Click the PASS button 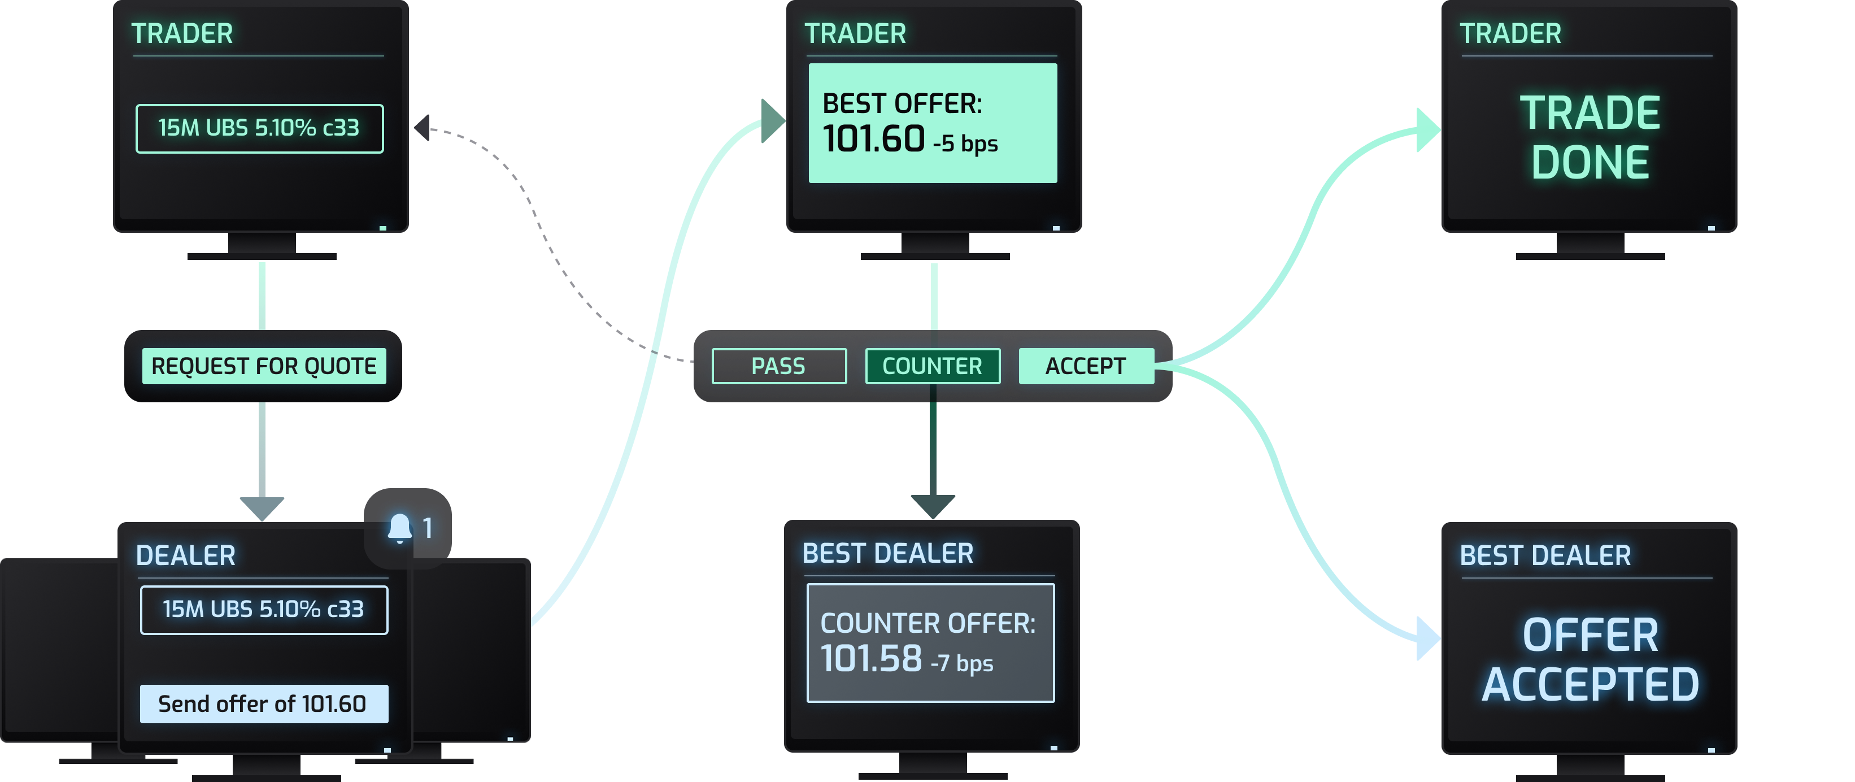(x=778, y=366)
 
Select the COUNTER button (x=932, y=366)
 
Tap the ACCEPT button (x=1085, y=366)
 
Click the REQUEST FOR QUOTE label (x=264, y=366)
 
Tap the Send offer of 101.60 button (x=264, y=703)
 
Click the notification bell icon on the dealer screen (x=400, y=528)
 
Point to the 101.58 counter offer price (x=870, y=659)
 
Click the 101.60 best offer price (x=873, y=139)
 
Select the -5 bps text (x=965, y=144)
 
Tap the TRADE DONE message (x=1590, y=137)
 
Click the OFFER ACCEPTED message (x=1590, y=659)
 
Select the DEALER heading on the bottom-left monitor (x=186, y=555)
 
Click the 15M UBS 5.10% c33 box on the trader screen (x=259, y=128)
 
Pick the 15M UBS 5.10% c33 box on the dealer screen (x=264, y=609)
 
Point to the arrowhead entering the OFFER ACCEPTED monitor (x=1427, y=638)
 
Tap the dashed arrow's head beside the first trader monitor (x=422, y=128)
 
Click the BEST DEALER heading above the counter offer (x=887, y=553)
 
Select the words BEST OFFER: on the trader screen (x=902, y=104)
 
